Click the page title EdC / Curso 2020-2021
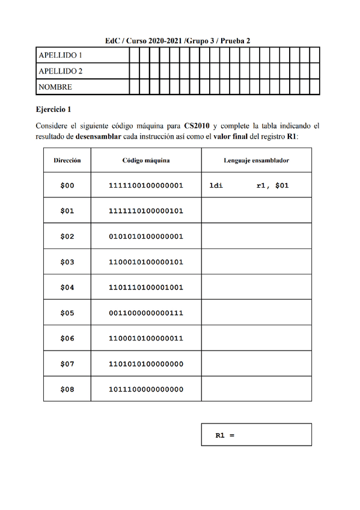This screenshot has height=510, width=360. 177,40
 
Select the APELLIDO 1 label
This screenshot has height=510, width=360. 60,55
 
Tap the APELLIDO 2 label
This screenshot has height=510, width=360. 60,71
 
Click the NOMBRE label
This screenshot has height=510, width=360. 55,87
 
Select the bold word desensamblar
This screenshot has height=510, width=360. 99,136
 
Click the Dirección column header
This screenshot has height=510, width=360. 67,161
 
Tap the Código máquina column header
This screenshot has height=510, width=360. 146,161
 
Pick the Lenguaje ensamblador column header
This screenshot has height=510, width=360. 257,161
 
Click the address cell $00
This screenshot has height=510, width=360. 67,186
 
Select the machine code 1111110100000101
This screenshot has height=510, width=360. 146,211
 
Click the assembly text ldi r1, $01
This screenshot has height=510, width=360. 249,186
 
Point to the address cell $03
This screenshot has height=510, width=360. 67,262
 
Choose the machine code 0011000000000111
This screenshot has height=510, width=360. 146,313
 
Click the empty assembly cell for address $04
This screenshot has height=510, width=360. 257,287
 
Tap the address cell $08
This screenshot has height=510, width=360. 67,390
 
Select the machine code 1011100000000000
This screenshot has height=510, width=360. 146,390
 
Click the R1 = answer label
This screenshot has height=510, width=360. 225,435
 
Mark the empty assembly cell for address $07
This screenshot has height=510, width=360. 257,364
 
